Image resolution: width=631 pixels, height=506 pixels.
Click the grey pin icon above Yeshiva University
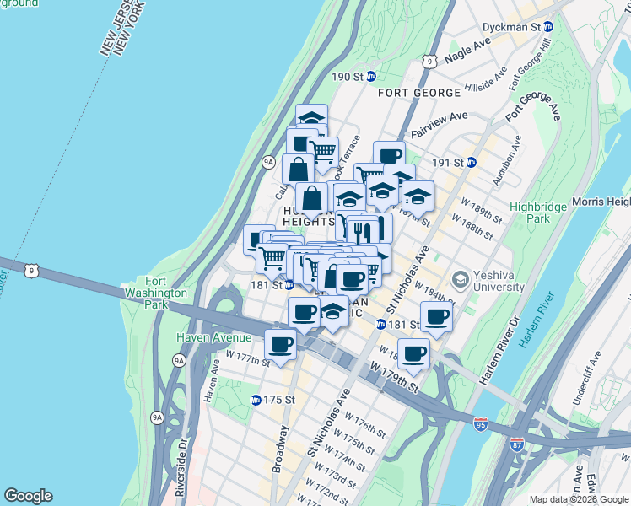coord(461,277)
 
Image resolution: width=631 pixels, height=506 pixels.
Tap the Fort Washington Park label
coord(166,287)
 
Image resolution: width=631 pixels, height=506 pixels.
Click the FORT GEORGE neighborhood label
coord(419,92)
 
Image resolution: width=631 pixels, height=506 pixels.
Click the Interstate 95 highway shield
coord(481,426)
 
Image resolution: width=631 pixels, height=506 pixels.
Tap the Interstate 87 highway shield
coord(517,442)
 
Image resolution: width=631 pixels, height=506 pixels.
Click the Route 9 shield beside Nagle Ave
coord(429,61)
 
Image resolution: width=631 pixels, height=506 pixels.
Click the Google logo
coord(28,496)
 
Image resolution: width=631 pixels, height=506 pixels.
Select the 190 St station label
coord(346,77)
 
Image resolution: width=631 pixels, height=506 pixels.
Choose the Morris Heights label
coord(601,202)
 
